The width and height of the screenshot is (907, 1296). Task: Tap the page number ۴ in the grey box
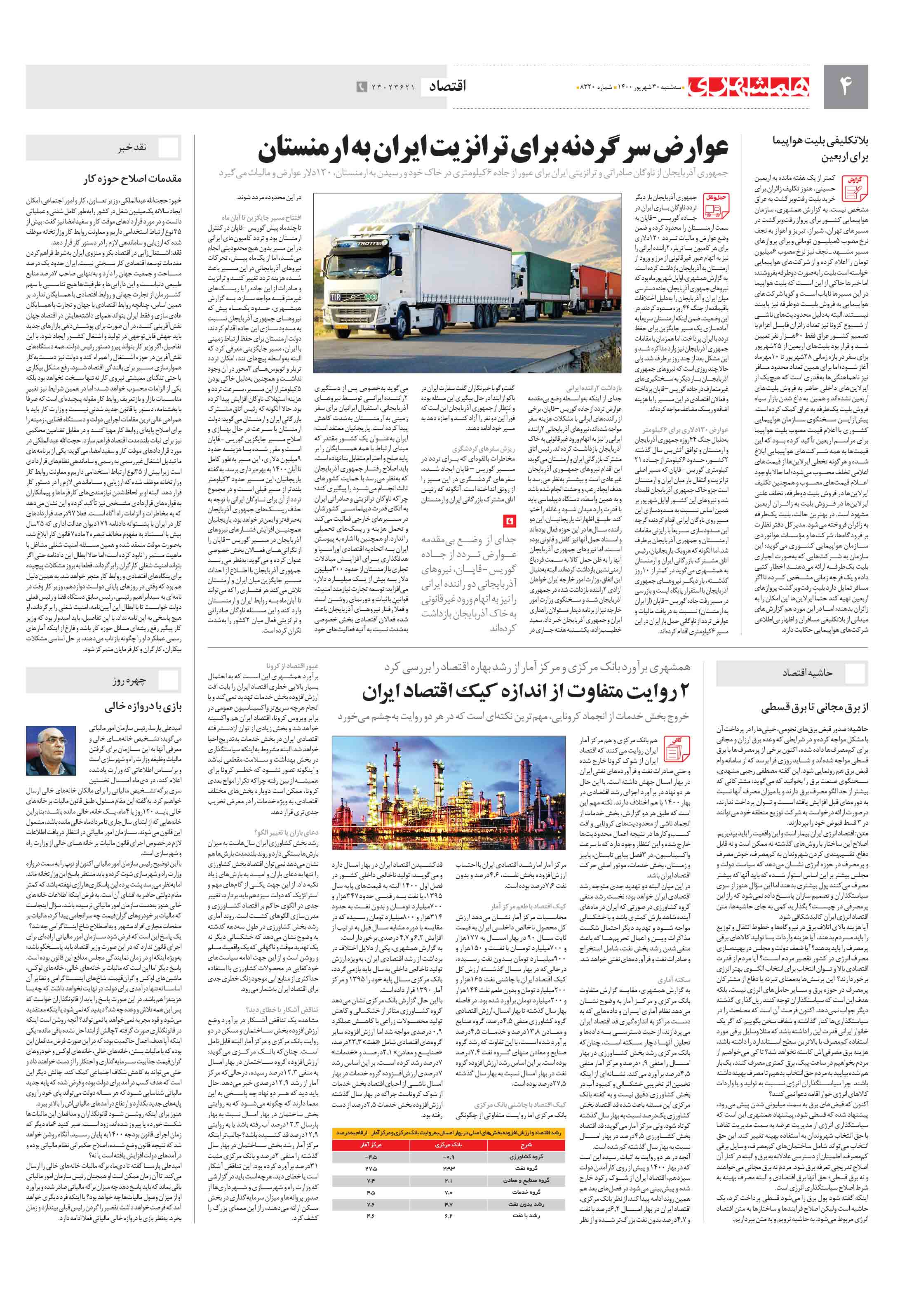click(x=845, y=86)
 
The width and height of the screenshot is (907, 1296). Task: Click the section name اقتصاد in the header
click(x=448, y=86)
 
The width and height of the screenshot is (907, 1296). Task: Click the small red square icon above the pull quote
click(x=510, y=519)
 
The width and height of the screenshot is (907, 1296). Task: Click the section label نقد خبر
click(x=132, y=147)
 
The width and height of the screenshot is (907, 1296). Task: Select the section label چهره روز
click(x=129, y=681)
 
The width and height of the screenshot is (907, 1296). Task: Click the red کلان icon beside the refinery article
click(x=676, y=749)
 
